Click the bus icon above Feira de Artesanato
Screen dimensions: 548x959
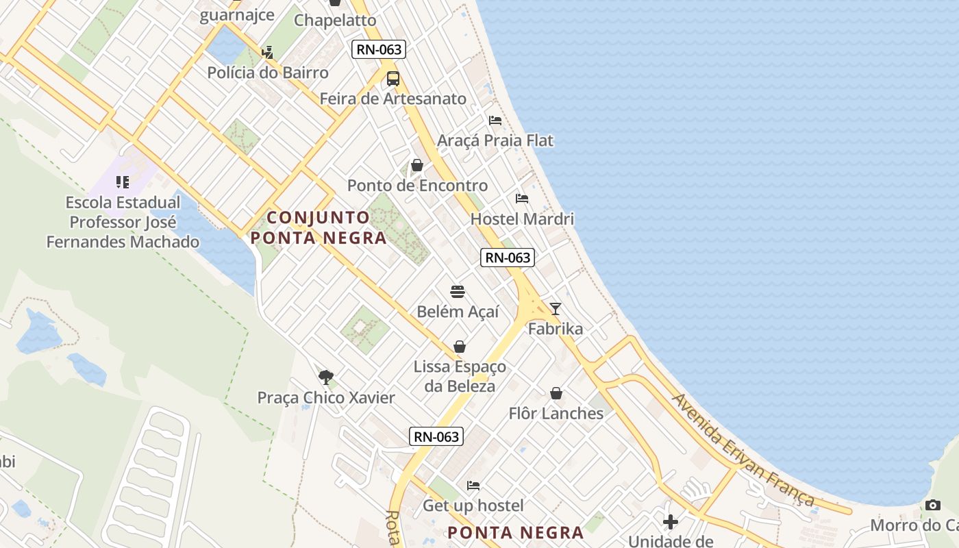(x=393, y=79)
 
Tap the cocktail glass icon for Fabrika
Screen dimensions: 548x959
(x=556, y=309)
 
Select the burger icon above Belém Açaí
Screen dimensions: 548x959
(x=458, y=292)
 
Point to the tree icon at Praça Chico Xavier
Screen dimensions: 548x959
(x=326, y=377)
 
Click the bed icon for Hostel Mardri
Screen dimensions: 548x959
(x=522, y=199)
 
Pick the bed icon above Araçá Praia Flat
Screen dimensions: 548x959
(x=495, y=121)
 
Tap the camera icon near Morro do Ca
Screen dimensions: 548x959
(x=932, y=506)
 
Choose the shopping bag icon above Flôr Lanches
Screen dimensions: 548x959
(x=556, y=394)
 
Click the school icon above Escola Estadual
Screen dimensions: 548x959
(x=123, y=182)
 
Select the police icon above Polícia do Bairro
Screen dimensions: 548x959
(x=267, y=53)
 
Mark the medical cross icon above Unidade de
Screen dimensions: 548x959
(x=671, y=522)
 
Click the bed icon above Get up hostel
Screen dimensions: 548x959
(x=473, y=486)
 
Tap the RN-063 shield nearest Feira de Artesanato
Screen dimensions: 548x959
(x=379, y=49)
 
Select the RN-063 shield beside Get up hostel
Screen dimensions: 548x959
(x=436, y=436)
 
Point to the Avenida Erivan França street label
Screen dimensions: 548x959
(x=743, y=449)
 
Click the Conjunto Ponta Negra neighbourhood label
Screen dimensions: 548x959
(x=319, y=228)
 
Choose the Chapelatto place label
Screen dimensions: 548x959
(x=335, y=21)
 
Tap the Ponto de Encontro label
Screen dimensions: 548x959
(x=417, y=186)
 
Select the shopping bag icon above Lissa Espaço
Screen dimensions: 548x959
(x=460, y=347)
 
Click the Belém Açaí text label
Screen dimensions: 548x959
(x=458, y=312)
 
